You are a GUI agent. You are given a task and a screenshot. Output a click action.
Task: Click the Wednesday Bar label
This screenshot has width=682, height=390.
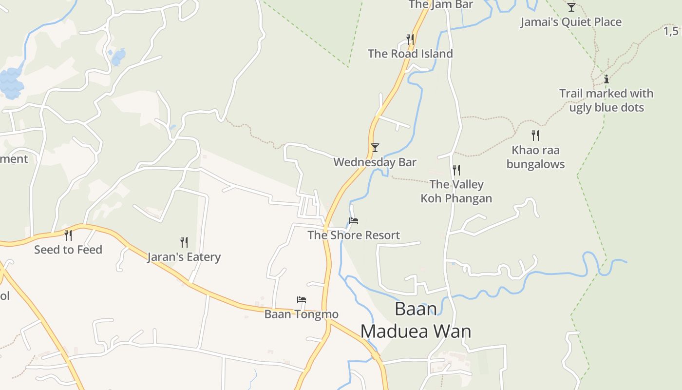(x=375, y=162)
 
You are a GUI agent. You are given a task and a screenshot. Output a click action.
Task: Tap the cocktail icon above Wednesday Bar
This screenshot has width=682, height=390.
(x=375, y=148)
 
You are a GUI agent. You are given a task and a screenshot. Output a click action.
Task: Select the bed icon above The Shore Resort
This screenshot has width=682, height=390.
(x=354, y=221)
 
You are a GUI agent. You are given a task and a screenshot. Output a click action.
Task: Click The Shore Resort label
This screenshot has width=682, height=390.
(x=354, y=235)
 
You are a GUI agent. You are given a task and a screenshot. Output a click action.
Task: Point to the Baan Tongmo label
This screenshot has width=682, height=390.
(x=301, y=314)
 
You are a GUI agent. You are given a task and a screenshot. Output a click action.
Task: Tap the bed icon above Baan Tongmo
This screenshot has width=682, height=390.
(x=302, y=300)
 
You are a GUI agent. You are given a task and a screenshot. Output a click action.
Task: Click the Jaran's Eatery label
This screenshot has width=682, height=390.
(x=184, y=257)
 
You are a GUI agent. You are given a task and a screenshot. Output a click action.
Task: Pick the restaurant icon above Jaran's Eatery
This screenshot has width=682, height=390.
(x=184, y=242)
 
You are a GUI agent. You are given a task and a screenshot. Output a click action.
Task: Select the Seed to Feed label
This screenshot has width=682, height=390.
(x=68, y=250)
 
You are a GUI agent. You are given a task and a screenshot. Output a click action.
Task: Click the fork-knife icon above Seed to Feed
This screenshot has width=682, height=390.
(x=68, y=235)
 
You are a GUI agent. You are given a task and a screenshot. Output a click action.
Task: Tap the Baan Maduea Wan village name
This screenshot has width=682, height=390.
(x=416, y=320)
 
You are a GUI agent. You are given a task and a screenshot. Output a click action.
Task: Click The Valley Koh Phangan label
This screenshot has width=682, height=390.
(x=456, y=191)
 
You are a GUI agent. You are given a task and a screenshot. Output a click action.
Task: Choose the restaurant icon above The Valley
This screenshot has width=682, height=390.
(x=456, y=170)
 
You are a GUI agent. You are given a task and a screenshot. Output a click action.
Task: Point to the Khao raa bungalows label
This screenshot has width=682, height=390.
(x=535, y=157)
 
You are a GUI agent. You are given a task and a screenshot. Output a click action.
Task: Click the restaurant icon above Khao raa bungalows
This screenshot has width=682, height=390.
(x=535, y=135)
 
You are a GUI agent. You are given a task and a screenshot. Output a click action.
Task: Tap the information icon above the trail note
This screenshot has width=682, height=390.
(x=606, y=79)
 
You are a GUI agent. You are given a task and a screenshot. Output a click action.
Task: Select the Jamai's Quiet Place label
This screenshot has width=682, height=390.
(x=571, y=22)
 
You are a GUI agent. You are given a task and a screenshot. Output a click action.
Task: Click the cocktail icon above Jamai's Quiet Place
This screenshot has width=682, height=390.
(x=571, y=7)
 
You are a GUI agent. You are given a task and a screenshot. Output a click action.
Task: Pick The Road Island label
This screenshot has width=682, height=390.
(x=410, y=54)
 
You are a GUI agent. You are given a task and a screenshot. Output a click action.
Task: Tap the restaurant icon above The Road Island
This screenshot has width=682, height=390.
(x=410, y=39)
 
